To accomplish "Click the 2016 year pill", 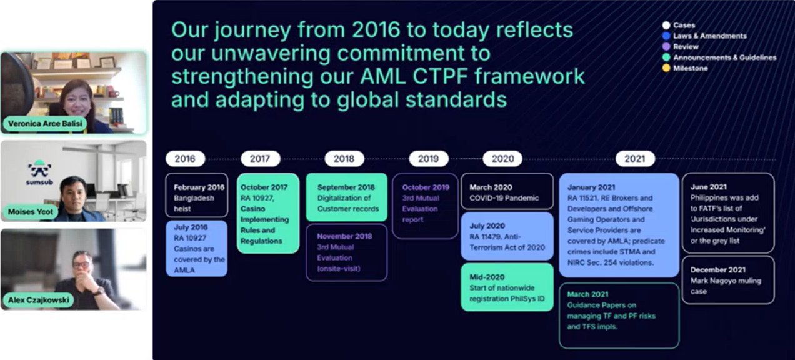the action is [185, 159].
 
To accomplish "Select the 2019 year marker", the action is [428, 159].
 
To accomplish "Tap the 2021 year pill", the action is [635, 159].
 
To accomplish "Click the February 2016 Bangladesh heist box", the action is [197, 195].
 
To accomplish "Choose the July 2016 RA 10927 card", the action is [197, 249].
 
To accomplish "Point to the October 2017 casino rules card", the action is [268, 213].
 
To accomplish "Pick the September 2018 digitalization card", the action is [346, 197].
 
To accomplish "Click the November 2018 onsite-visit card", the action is [346, 252].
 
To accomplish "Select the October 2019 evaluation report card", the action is [425, 206].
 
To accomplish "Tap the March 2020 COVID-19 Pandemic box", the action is [507, 192].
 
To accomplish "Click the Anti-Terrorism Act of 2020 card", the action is [507, 236].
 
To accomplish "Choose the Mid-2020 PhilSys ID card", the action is [507, 287].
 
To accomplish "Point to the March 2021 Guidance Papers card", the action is [619, 316].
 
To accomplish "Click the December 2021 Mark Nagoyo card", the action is [728, 280].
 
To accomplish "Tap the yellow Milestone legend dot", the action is [666, 67].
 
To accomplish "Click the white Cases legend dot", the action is [666, 25].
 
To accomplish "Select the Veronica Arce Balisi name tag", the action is [45, 124].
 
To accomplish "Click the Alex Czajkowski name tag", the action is [38, 300].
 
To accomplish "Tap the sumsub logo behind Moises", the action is [39, 172].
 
